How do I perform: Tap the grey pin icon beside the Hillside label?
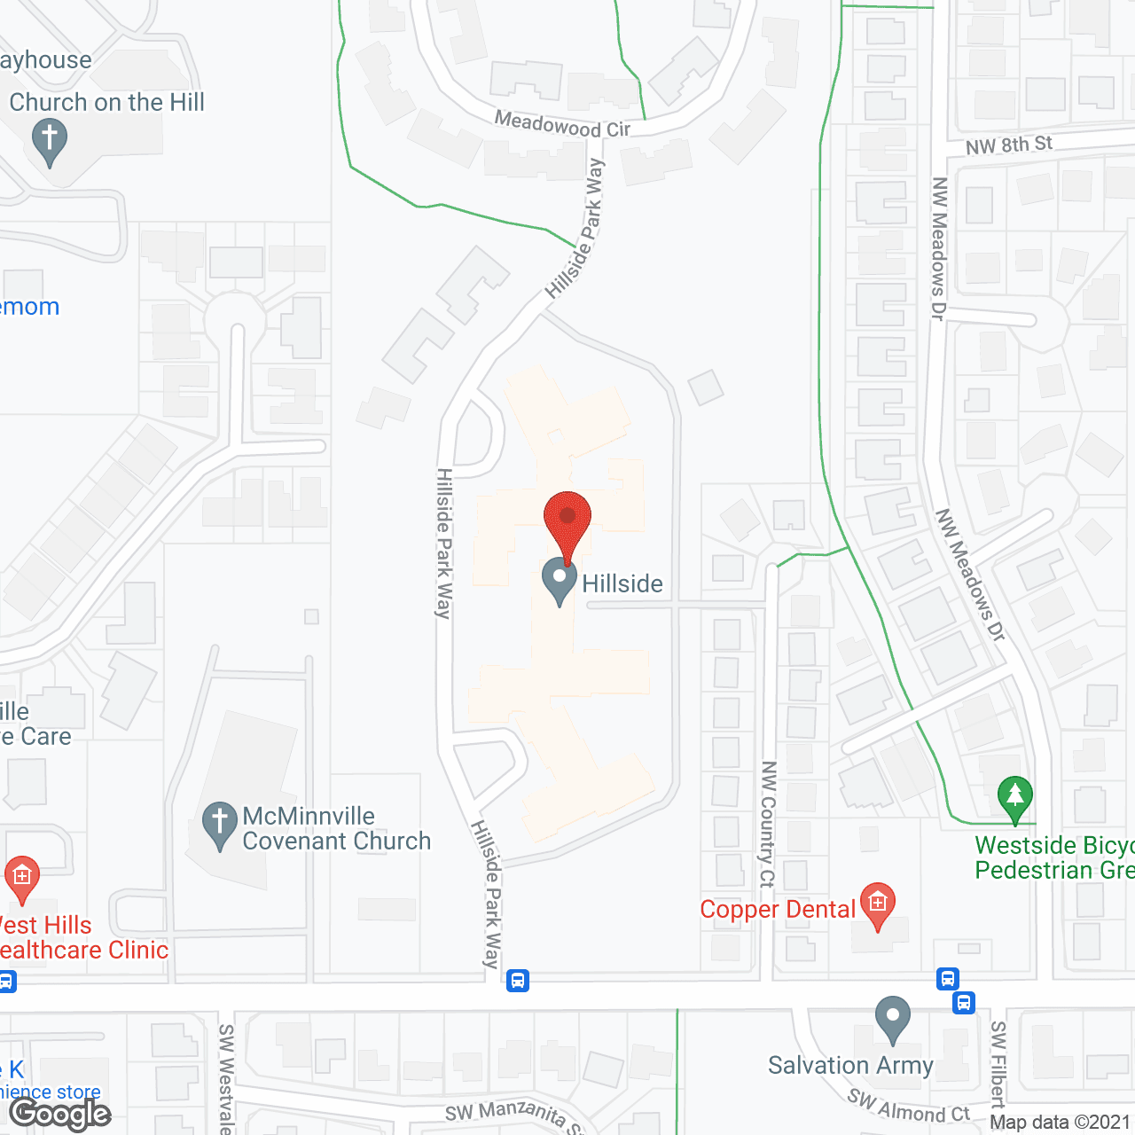560,581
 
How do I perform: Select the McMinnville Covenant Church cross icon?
219,825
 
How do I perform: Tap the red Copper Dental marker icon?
877,906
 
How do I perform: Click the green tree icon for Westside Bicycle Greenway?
1015,798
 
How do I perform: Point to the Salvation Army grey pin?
893,1020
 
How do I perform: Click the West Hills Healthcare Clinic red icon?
22,879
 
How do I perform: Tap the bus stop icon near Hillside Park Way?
518,981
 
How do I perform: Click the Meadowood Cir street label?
562,124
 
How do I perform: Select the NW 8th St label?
1008,145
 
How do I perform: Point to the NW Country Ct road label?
768,824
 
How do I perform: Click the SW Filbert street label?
998,1064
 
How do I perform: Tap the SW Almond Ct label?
908,1107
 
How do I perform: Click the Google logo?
59,1114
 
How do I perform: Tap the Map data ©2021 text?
1060,1122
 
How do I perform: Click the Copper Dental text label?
778,910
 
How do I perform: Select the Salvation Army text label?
850,1065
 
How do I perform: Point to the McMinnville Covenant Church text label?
336,828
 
